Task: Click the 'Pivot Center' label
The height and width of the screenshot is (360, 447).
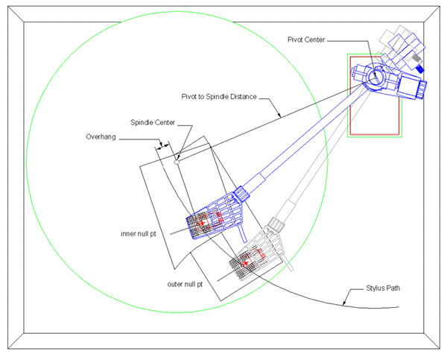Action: [306, 40]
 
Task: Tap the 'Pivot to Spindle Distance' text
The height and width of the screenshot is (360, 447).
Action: [219, 97]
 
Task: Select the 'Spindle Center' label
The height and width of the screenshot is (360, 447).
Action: [153, 122]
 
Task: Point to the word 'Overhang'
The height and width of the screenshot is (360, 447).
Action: [101, 137]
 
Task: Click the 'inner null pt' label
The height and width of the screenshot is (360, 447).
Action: [139, 234]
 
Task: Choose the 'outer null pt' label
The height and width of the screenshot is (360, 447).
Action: [185, 285]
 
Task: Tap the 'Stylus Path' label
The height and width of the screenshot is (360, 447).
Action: [383, 288]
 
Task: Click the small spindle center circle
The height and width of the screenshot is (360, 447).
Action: [177, 162]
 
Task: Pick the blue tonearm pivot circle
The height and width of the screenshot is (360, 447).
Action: [375, 75]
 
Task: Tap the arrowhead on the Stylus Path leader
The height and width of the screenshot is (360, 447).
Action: [345, 303]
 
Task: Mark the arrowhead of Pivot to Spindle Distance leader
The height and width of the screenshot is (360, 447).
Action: [279, 115]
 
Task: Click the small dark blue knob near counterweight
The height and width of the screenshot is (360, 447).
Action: [419, 69]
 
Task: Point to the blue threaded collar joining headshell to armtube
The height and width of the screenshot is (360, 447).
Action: [241, 194]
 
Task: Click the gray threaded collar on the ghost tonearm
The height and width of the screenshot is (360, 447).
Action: [276, 224]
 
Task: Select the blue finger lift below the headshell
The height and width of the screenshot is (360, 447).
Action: [242, 233]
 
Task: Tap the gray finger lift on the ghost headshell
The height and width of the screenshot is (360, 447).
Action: [288, 263]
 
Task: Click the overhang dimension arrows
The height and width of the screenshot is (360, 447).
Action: [162, 145]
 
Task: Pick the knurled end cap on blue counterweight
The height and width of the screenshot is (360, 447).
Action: [422, 89]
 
